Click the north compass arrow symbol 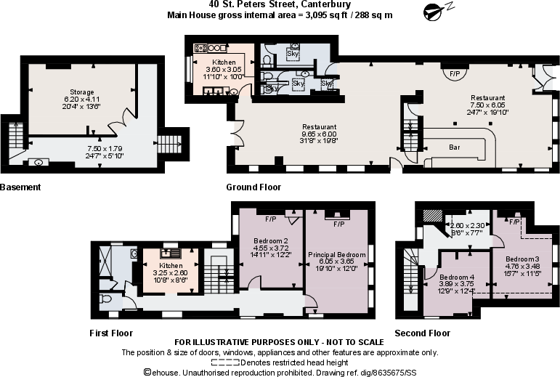pyautogui.click(x=435, y=10)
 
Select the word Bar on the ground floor pyautogui.click(x=455, y=147)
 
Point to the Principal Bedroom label pyautogui.click(x=335, y=254)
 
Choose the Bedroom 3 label pyautogui.click(x=522, y=259)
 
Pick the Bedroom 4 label pyautogui.click(x=455, y=277)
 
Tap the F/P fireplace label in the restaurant pyautogui.click(x=455, y=74)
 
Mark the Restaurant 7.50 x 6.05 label pyautogui.click(x=487, y=98)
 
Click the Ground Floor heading pyautogui.click(x=253, y=187)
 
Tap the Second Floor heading pyautogui.click(x=422, y=333)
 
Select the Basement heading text pyautogui.click(x=20, y=187)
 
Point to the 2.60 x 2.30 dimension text pyautogui.click(x=468, y=226)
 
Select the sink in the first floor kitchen pyautogui.click(x=171, y=253)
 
